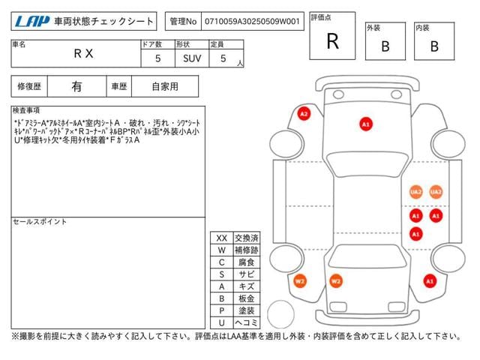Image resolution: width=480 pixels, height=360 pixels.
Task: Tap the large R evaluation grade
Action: tap(332, 41)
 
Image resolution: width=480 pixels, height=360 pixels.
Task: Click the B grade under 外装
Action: tap(385, 46)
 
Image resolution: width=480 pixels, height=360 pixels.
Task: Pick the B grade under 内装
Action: tap(434, 46)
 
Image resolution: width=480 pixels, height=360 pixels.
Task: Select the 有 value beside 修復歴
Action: tap(76, 86)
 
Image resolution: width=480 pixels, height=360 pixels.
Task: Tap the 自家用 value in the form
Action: tap(165, 86)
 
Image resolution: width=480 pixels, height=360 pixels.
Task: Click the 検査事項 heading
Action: tap(27, 110)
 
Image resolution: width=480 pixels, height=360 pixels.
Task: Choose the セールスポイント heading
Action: tap(39, 222)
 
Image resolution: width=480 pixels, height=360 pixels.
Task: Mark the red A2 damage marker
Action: tap(304, 114)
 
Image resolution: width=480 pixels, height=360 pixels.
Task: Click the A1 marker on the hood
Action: tap(366, 124)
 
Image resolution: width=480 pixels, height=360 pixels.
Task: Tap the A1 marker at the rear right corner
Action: tap(430, 281)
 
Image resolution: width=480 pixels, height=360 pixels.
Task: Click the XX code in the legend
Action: tap(221, 238)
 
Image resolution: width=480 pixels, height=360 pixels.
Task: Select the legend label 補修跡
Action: tap(246, 250)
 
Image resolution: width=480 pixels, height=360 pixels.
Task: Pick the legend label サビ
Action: tap(246, 274)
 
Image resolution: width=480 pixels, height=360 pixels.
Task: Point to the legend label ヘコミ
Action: tap(246, 322)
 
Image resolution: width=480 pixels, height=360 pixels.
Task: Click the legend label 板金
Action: tap(246, 298)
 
